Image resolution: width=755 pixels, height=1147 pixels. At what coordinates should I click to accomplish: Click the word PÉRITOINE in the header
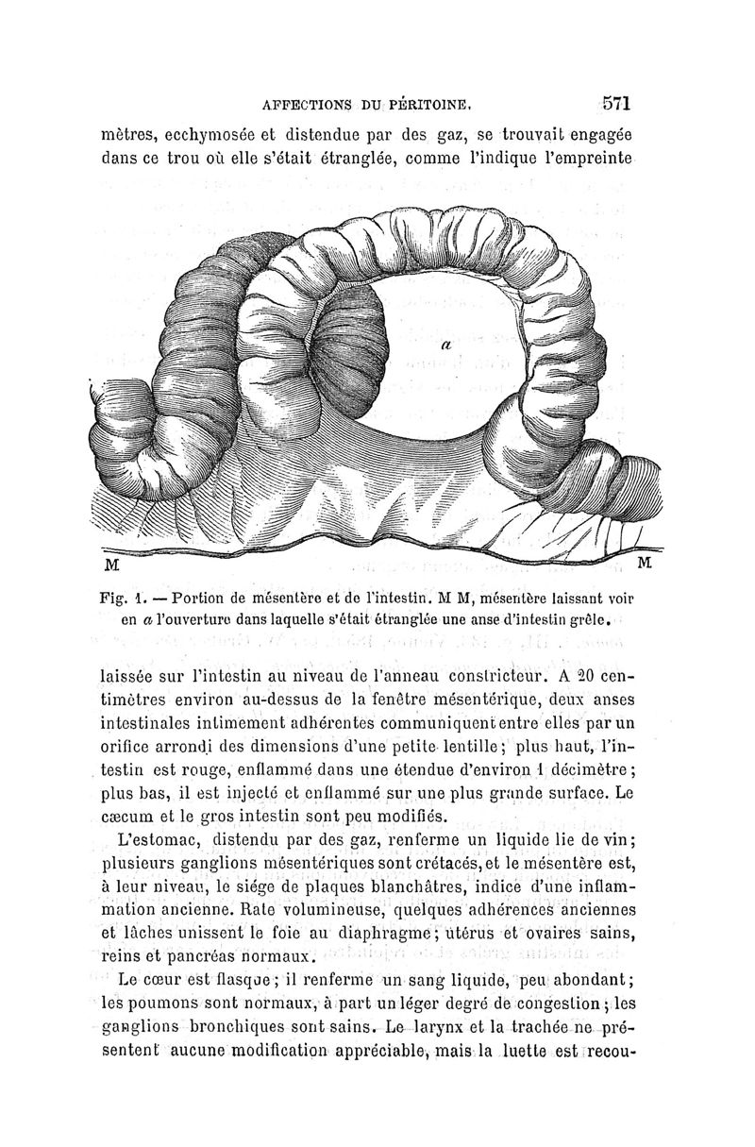[x=433, y=104]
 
